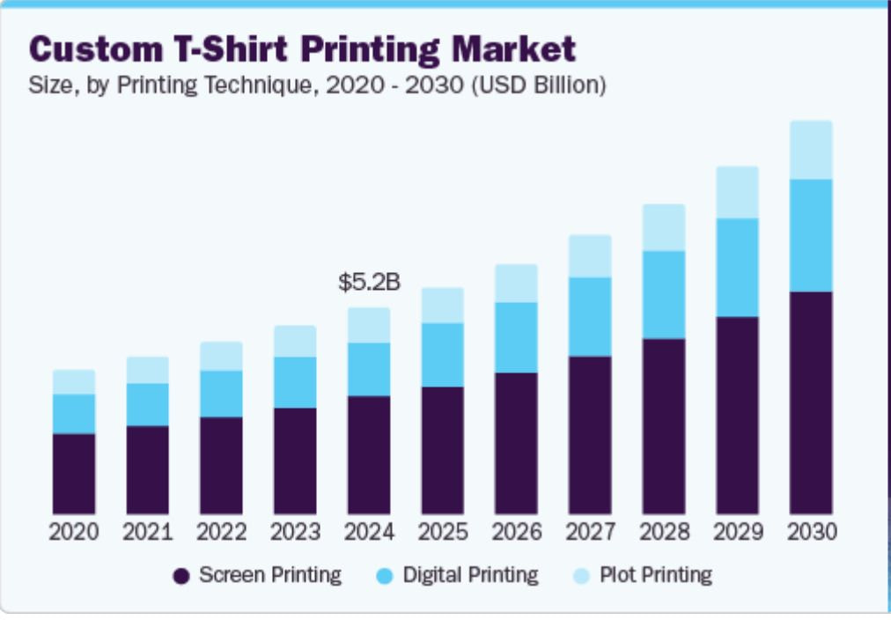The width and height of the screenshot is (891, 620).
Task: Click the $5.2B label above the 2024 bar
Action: tap(369, 283)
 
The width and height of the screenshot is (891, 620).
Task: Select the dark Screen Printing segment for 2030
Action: tap(810, 402)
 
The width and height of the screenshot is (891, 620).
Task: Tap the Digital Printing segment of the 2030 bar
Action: tap(810, 235)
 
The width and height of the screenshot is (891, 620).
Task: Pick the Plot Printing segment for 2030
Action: tap(810, 150)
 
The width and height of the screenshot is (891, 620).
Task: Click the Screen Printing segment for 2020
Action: tap(74, 474)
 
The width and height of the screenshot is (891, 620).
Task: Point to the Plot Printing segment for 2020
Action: tap(74, 381)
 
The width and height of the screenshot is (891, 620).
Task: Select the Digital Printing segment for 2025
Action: tap(442, 354)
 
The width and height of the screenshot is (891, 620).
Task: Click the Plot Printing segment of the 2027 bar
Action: tap(590, 256)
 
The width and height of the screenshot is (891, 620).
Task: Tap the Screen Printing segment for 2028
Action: tap(663, 426)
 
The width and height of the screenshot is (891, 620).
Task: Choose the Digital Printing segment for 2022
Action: tap(221, 394)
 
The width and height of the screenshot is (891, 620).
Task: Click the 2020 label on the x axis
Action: tap(74, 533)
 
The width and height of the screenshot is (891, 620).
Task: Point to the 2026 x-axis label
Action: tap(516, 533)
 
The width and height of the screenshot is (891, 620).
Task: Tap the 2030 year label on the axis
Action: tap(810, 533)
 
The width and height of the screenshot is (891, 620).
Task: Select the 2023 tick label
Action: tap(295, 533)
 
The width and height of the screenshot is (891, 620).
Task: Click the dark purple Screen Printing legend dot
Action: tap(181, 577)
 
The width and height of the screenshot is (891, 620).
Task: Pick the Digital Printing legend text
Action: tap(470, 576)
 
